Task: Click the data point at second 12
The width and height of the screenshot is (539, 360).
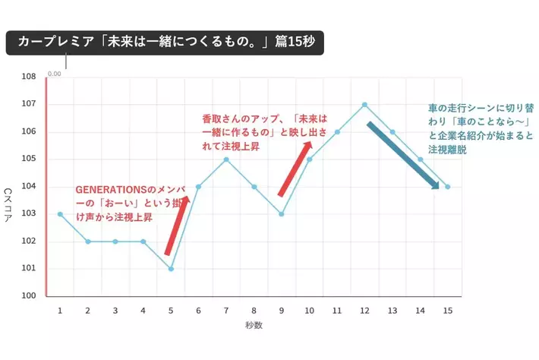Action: tap(364, 104)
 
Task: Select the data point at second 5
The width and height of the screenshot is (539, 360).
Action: tap(171, 269)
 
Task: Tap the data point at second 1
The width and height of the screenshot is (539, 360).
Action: tap(60, 214)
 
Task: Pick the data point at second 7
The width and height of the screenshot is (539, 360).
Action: tap(226, 159)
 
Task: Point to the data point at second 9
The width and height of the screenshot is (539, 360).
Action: tap(282, 214)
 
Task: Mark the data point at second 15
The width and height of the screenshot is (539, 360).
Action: tap(448, 187)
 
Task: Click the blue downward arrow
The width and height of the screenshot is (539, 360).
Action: tap(403, 154)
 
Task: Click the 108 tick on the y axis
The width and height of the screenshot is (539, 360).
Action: tap(30, 77)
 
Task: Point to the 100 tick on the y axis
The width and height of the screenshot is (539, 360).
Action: tap(30, 296)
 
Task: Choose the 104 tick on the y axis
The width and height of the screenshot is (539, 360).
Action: tap(30, 187)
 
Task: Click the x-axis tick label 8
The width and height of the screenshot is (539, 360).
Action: tap(254, 311)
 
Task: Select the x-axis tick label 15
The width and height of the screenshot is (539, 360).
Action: tap(448, 311)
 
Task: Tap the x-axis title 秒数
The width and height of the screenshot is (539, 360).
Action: tap(254, 327)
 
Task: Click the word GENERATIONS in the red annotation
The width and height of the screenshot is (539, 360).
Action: tap(107, 189)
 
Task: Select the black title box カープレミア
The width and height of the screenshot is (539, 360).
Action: tap(165, 43)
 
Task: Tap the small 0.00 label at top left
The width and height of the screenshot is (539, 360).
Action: tap(55, 74)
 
